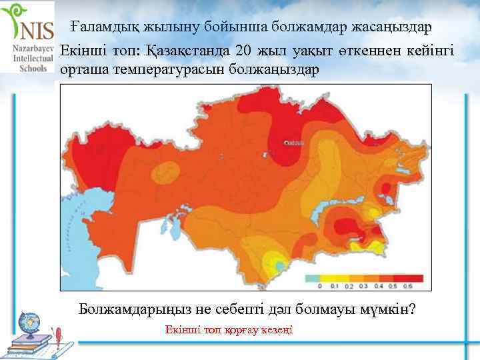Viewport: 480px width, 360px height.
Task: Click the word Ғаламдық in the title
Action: (100, 28)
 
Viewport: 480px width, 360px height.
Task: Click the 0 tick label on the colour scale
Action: (319, 286)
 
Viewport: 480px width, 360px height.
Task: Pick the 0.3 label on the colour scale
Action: (364, 286)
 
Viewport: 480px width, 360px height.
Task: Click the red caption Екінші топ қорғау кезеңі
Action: (228, 331)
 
